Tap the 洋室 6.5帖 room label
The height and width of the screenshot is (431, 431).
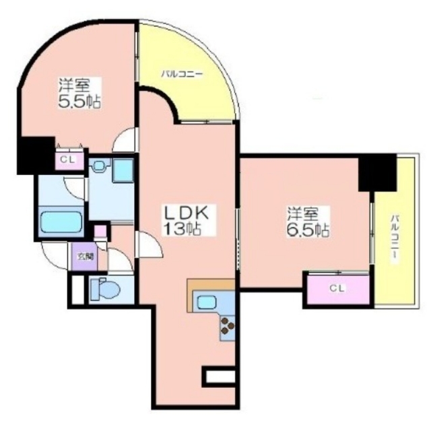[308, 222]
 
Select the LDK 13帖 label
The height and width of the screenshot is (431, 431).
[186, 220]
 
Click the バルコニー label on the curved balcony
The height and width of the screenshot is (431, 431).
[182, 73]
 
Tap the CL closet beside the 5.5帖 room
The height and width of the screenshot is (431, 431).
[70, 160]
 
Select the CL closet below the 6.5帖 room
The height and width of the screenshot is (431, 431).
[338, 289]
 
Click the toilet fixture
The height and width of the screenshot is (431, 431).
[105, 289]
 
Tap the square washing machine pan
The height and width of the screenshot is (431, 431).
[123, 170]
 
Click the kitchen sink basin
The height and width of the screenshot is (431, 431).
[206, 302]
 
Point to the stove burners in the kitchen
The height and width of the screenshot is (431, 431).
[228, 326]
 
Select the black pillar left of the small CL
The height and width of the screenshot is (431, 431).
[36, 156]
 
